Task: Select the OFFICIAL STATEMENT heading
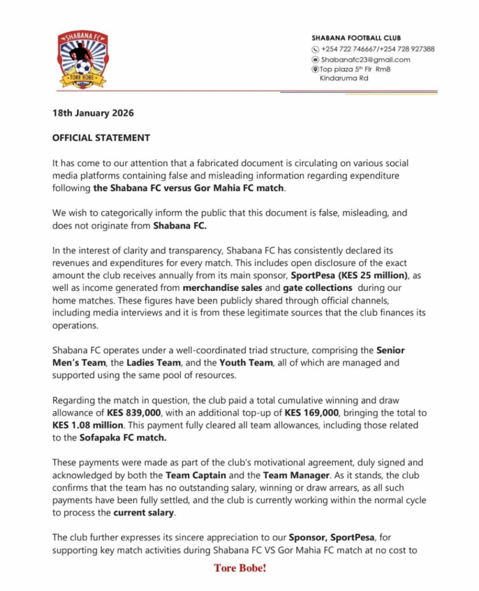[101, 138]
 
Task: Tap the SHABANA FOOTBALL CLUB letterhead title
[361, 38]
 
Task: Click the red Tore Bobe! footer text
[240, 568]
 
